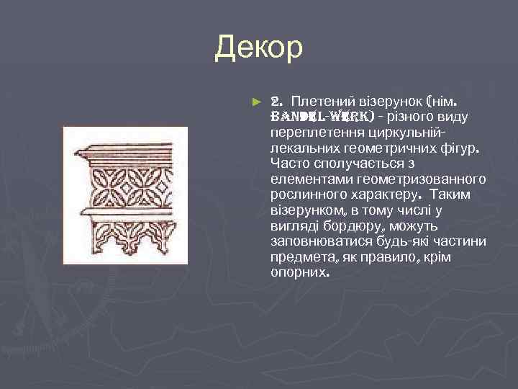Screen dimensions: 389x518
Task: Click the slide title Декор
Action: (x=259, y=48)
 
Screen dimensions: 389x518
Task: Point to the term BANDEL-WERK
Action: (x=321, y=116)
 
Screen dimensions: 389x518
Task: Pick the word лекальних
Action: (x=298, y=148)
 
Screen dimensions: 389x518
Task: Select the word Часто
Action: (x=288, y=163)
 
